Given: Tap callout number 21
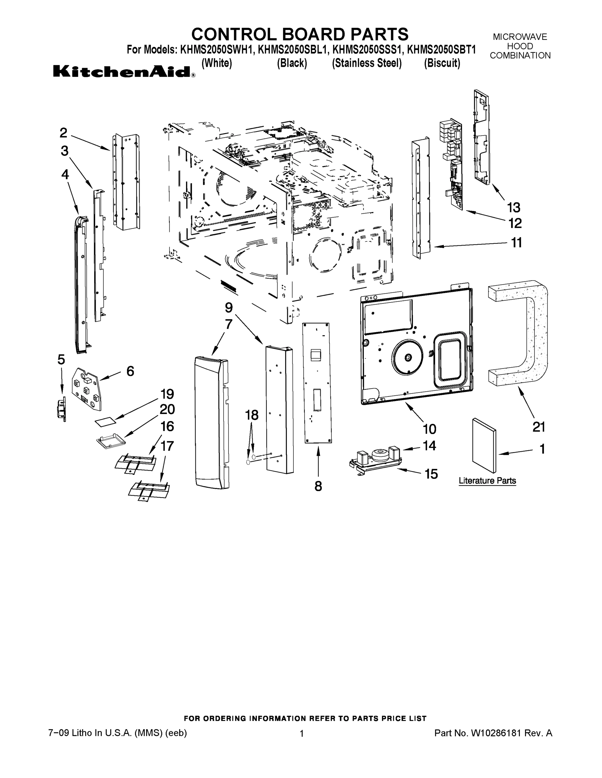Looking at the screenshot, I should pos(538,426).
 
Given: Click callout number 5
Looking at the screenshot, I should pos(61,360).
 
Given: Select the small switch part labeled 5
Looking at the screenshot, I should pos(62,410).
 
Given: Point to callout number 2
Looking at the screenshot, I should pos(63,133).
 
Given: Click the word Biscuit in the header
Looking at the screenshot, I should pos(442,63).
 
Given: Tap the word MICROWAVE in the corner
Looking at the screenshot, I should pos(520,37).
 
